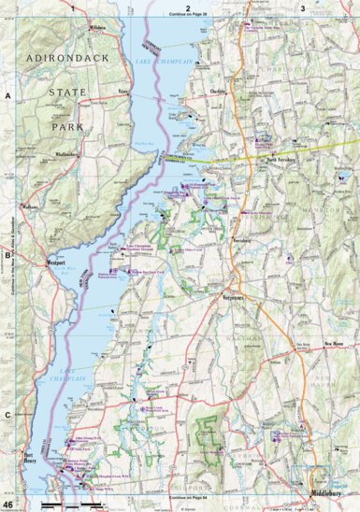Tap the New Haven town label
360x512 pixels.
[338, 344]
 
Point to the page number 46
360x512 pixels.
[7, 505]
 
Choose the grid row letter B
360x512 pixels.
[7, 253]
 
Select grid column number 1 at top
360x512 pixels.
[72, 7]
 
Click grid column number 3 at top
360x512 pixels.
[301, 7]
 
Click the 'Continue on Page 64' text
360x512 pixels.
[188, 499]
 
